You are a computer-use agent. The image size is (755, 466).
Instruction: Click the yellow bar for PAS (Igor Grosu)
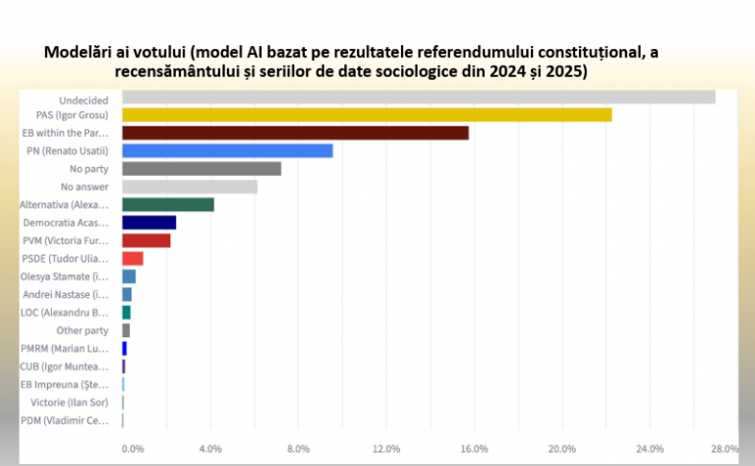367,115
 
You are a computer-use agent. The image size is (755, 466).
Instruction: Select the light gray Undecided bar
418,97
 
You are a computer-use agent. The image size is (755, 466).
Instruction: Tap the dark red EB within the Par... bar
295,133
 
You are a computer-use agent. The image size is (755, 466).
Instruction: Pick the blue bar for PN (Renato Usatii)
227,150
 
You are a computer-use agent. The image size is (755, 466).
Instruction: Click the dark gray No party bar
202,168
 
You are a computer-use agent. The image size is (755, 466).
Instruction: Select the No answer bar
190,187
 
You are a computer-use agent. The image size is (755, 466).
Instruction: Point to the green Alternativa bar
168,204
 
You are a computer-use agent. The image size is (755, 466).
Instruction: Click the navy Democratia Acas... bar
148,222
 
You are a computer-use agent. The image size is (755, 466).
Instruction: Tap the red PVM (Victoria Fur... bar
145,240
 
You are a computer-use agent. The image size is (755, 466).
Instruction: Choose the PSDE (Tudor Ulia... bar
133,259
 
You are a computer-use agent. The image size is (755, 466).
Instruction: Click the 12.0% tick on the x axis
386,448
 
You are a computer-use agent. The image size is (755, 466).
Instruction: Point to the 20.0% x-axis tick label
561,448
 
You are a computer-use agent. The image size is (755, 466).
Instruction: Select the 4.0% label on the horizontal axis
210,448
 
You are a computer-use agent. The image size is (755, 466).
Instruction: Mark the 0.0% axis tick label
133,448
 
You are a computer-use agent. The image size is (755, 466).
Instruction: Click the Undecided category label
84,97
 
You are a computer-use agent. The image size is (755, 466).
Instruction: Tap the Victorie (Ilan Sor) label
79,402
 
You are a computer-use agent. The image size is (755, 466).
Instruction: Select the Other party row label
83,330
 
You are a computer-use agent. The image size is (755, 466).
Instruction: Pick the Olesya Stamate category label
66,276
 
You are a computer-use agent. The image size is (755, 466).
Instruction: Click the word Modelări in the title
78,51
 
